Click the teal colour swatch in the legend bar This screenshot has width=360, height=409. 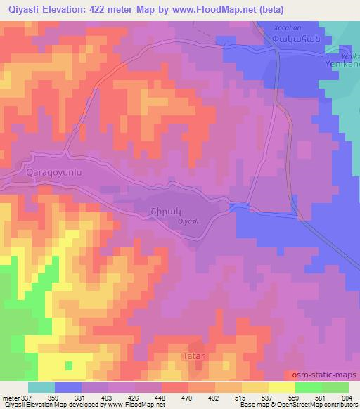coord(41,387)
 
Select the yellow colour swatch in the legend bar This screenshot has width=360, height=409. coord(281,387)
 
